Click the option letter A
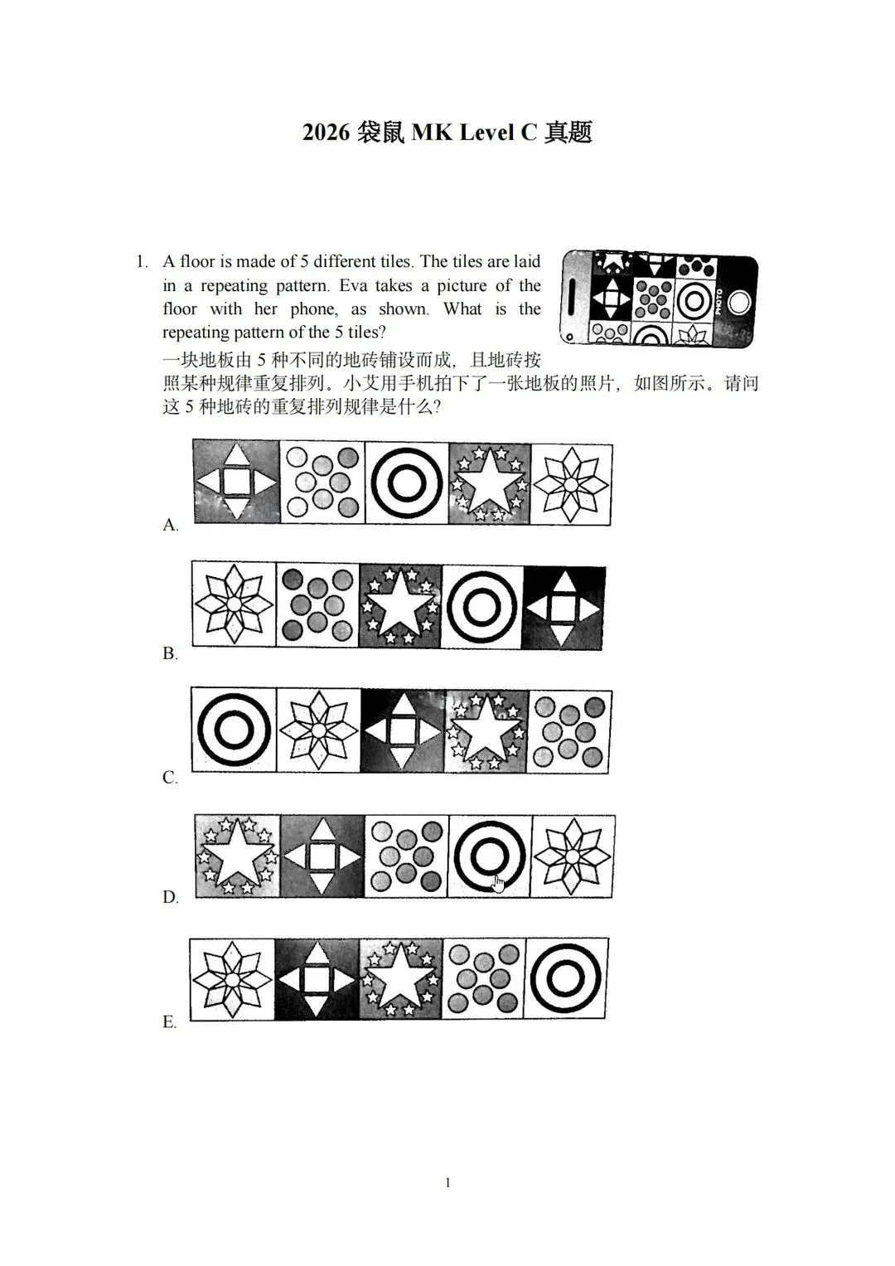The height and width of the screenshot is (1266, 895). (x=171, y=525)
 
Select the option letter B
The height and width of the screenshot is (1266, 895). (x=170, y=653)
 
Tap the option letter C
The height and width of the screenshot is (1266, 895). (x=170, y=778)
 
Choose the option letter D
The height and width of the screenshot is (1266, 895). (x=171, y=897)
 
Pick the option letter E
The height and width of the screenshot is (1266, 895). (x=170, y=1022)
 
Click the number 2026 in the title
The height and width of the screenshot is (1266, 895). (x=326, y=133)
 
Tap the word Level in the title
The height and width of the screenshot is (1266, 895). (x=486, y=133)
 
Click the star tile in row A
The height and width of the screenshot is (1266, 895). (x=490, y=484)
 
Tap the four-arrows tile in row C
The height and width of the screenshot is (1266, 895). (x=402, y=731)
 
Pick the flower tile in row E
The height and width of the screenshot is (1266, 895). (x=232, y=980)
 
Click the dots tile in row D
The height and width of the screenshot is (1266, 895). (x=406, y=856)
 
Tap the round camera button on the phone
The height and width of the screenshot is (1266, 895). (x=738, y=303)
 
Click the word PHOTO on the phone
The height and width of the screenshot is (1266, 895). (x=718, y=303)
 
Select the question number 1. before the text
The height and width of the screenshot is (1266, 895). (x=143, y=262)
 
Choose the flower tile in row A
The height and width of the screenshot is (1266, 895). (x=571, y=485)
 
